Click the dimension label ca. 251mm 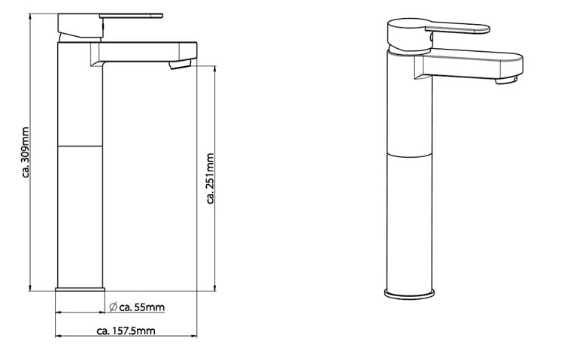pos(210,178)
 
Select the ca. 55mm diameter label pos(141,307)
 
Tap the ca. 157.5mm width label pos(126,331)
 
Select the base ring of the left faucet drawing pos(80,289)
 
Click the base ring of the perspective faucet pos(411,293)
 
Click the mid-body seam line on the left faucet pos(80,145)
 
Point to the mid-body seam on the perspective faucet pos(411,154)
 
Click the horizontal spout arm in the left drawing pos(147,51)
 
